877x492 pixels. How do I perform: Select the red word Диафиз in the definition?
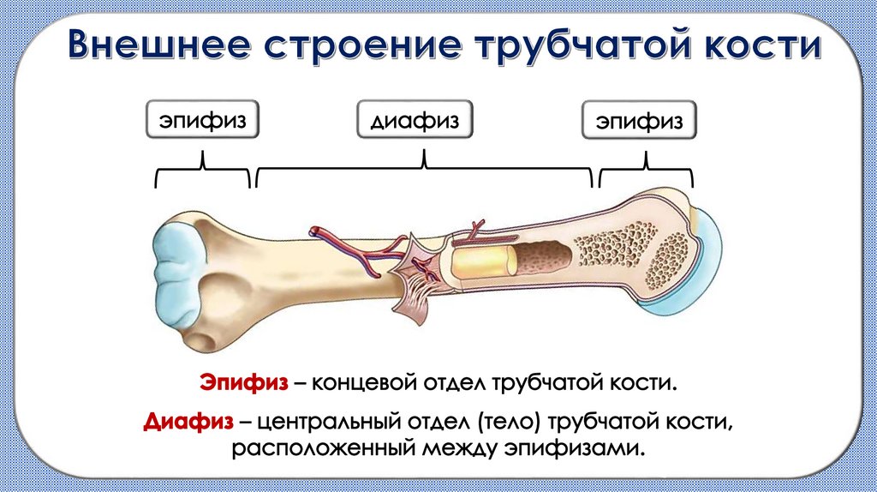click(185, 422)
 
